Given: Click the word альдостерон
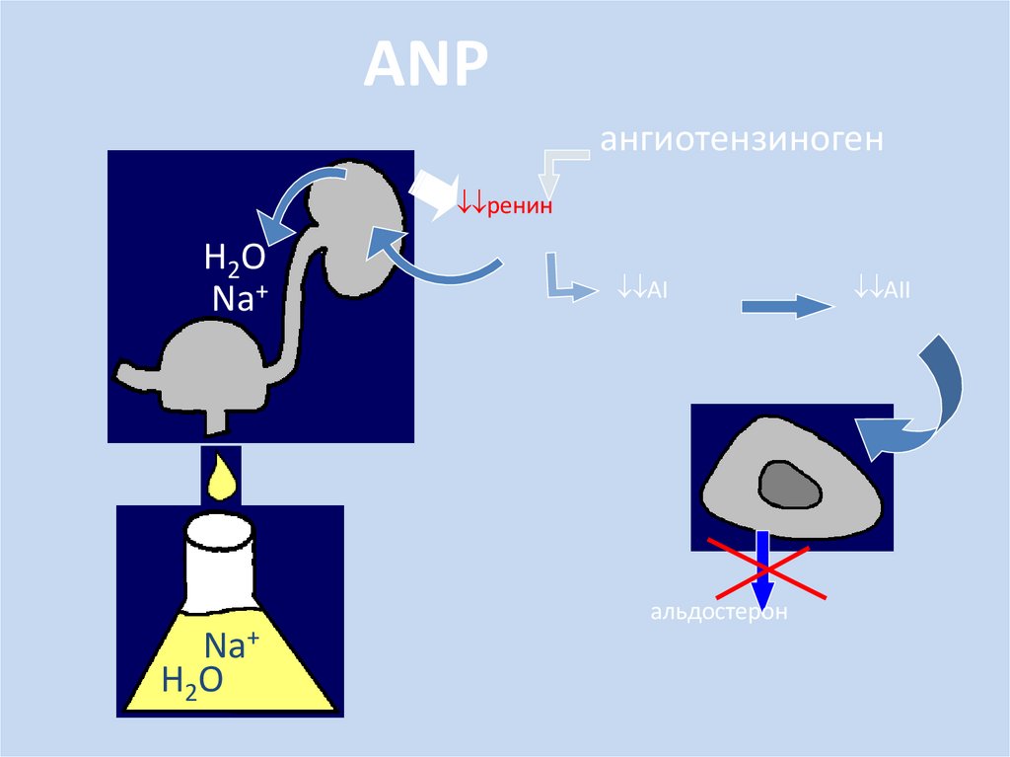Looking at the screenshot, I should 719,613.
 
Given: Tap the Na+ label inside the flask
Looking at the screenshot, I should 231,646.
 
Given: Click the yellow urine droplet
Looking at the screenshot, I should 221,476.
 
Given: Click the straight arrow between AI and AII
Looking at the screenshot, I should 786,307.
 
